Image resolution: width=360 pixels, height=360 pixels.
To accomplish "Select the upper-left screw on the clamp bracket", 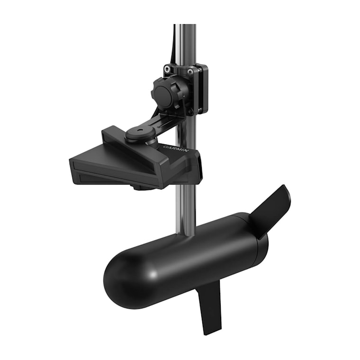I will tap(167, 69).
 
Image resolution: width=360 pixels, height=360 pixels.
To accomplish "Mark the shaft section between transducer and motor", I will tap(185, 208).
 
